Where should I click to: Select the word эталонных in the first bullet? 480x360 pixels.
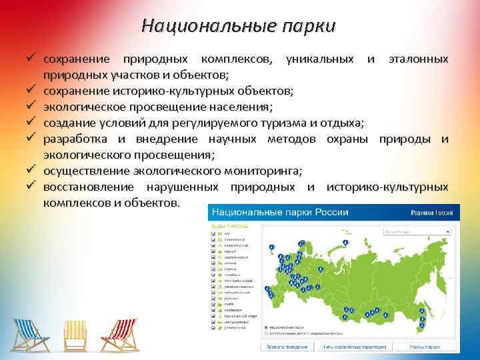tap(418, 59)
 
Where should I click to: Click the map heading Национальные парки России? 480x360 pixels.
tap(280, 212)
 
